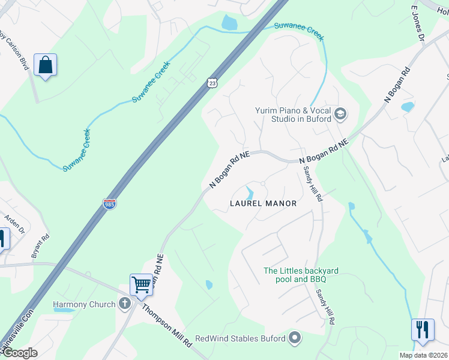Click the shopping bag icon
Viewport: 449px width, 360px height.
pos(46,65)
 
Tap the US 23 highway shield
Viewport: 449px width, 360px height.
pos(212,83)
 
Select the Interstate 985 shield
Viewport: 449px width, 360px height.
pos(110,204)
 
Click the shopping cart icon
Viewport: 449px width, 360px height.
pos(141,284)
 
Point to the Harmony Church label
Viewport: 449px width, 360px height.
pos(84,304)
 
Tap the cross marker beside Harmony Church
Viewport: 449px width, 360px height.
pos(125,304)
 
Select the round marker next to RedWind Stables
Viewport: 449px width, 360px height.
pos(295,338)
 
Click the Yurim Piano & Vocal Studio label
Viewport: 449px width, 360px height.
pos(293,115)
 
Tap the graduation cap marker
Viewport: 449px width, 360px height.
pos(340,114)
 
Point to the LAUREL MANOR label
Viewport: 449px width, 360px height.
pos(264,203)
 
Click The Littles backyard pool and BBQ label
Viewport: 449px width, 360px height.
pos(301,275)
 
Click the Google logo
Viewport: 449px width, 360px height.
pos(19,353)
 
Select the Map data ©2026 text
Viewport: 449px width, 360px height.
pos(423,355)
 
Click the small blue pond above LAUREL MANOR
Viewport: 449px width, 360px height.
pos(249,193)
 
